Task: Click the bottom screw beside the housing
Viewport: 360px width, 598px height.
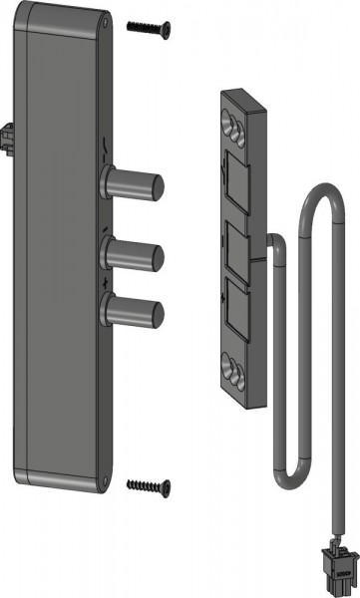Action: (x=150, y=485)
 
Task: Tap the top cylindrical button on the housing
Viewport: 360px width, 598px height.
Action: (x=140, y=185)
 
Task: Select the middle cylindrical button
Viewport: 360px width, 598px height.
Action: (x=140, y=254)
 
